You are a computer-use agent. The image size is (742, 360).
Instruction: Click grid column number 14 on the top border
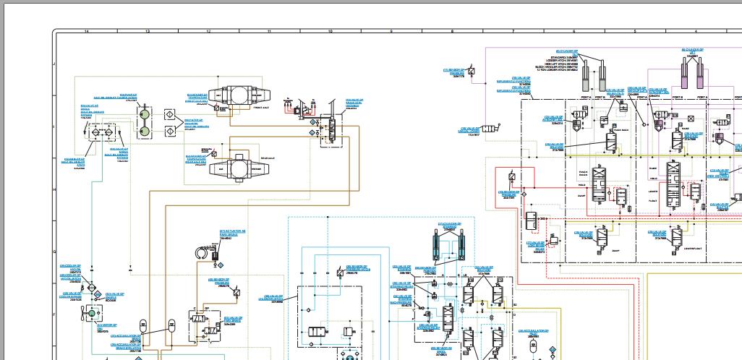point(87,32)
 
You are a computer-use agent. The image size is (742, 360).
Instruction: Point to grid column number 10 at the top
point(331,32)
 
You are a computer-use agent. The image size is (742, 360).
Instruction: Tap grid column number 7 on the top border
point(513,32)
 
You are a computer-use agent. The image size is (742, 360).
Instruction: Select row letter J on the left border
point(56,63)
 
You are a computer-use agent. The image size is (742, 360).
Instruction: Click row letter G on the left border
point(56,252)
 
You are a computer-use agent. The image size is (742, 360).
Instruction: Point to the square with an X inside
point(691,117)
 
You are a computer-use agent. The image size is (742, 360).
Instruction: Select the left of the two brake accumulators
point(143,322)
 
